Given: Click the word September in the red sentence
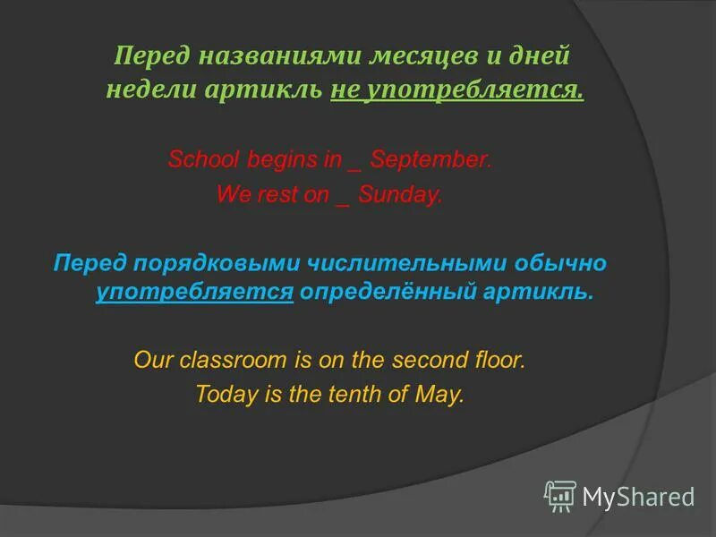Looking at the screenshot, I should (430, 161).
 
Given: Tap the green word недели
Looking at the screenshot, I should (147, 90).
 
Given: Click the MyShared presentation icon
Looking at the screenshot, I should (560, 496).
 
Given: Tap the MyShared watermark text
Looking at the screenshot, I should (638, 497).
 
